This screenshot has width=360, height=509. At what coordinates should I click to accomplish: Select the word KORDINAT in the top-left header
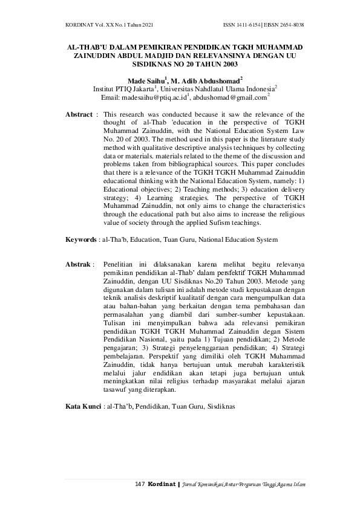coord(80,25)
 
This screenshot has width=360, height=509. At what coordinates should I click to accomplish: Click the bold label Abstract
coord(79,114)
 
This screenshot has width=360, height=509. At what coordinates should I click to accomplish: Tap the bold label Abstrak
coord(78,265)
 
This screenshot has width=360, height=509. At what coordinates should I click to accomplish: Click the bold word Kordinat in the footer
coord(159,485)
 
